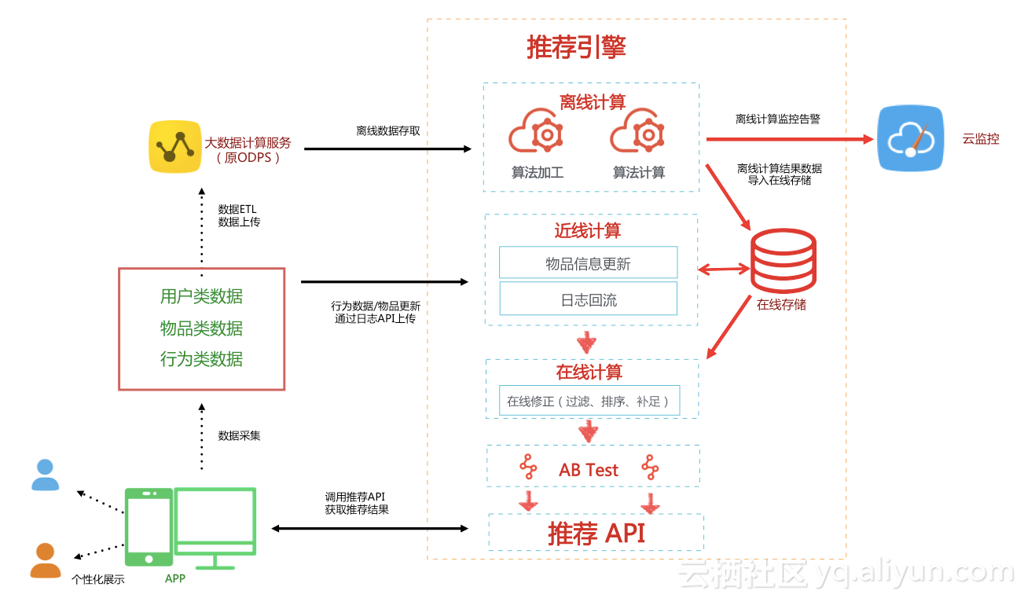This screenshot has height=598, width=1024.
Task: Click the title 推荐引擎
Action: click(576, 47)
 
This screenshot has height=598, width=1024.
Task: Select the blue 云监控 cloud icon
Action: click(910, 138)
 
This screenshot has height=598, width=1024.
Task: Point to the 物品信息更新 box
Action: click(588, 262)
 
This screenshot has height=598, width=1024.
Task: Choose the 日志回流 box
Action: click(588, 299)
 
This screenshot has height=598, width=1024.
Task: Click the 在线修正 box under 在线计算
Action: click(589, 401)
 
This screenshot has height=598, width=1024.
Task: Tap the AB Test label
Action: click(589, 470)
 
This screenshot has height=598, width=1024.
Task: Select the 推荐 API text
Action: click(596, 534)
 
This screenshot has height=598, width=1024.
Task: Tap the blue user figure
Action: click(45, 475)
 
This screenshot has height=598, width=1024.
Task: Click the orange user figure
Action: click(45, 560)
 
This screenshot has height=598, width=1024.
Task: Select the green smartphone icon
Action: click(149, 526)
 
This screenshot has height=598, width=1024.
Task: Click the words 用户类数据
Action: click(201, 296)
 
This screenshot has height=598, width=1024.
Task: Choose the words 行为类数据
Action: click(201, 359)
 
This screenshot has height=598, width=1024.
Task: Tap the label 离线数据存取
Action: click(387, 131)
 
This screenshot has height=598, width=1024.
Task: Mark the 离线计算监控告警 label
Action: click(778, 119)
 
